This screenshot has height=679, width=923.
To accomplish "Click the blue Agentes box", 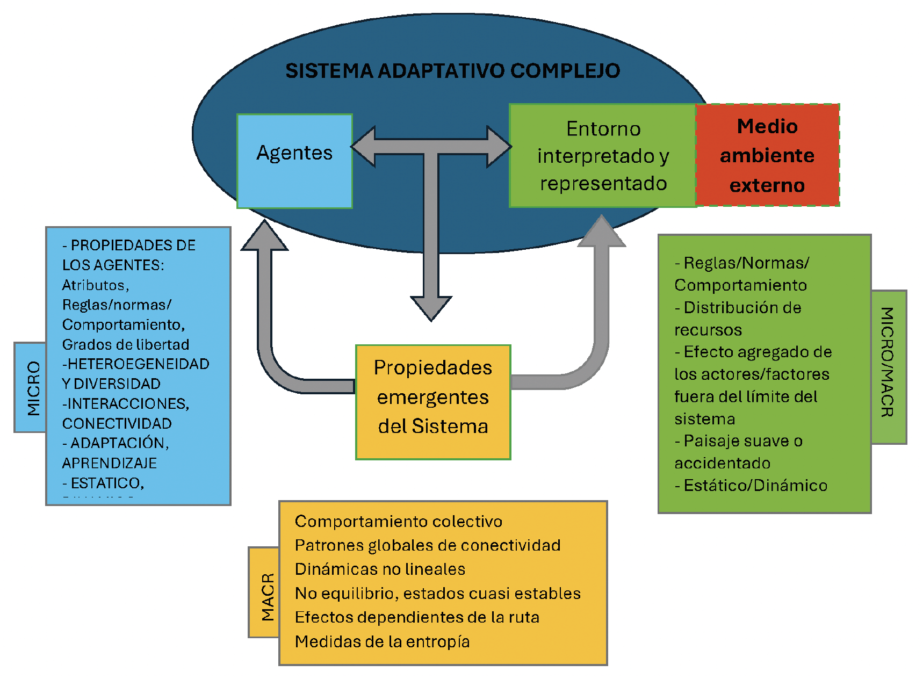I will click(x=294, y=161).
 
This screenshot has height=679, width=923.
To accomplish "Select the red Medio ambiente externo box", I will click(x=767, y=155).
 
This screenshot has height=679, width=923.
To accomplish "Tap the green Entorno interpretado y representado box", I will click(x=602, y=155).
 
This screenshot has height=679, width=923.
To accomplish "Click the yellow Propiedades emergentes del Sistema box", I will click(x=433, y=402).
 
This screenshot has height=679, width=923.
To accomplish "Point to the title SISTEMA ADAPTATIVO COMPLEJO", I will click(x=452, y=71).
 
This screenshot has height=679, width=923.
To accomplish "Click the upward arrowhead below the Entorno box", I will click(x=602, y=233).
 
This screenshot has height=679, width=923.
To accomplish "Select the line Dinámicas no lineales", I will click(x=380, y=569).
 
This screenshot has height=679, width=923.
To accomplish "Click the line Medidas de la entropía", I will click(x=382, y=641).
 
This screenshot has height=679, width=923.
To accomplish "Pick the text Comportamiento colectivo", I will click(x=398, y=521).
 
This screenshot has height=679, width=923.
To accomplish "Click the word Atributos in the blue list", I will click(x=95, y=285).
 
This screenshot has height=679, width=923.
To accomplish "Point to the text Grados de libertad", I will click(x=125, y=344).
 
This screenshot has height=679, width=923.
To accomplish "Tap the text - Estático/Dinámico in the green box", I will click(x=751, y=486).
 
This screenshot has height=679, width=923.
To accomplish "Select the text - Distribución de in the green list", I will click(x=738, y=308).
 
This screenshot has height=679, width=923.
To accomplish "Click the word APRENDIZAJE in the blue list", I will click(x=109, y=463).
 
